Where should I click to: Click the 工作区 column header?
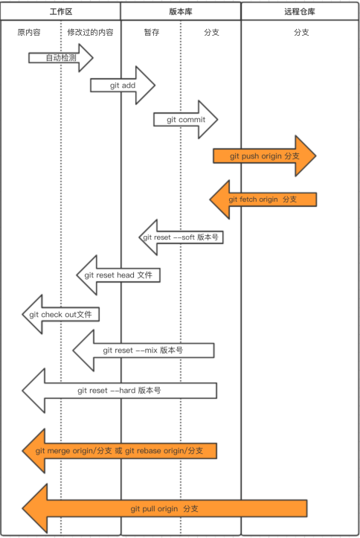(x=61, y=12)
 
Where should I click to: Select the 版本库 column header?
(x=181, y=12)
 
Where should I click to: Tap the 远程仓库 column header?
(x=300, y=12)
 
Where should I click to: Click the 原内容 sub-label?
(x=29, y=32)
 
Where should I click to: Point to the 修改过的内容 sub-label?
(x=90, y=32)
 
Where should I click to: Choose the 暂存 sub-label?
(x=152, y=32)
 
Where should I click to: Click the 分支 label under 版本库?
(x=211, y=32)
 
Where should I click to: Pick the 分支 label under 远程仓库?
(x=301, y=32)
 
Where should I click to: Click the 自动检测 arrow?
(x=61, y=57)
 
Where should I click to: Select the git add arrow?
(x=123, y=85)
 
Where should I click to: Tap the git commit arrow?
(x=186, y=119)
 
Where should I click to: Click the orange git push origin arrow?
(x=264, y=156)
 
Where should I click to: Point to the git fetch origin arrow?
(x=263, y=199)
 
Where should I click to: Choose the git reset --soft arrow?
(x=181, y=237)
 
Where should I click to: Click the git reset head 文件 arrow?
(x=118, y=275)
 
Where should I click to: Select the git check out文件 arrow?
(x=61, y=314)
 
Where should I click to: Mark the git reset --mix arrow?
(x=144, y=350)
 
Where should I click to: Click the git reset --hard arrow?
(x=119, y=391)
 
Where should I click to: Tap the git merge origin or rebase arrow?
(x=119, y=451)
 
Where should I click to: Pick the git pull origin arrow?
(x=164, y=508)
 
